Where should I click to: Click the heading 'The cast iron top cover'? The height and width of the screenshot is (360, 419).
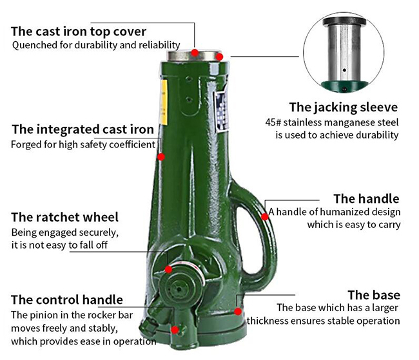(79, 32)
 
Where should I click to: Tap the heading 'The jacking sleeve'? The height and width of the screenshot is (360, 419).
(344, 108)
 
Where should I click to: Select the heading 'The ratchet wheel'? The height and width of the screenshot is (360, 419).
(64, 217)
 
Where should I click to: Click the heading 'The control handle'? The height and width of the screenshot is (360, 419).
(67, 299)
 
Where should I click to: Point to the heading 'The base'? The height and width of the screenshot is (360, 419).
(374, 295)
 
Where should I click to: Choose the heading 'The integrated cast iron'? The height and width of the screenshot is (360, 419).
(83, 129)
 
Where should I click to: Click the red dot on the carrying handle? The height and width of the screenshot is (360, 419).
(264, 217)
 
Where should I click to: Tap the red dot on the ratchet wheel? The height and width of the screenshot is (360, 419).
(168, 269)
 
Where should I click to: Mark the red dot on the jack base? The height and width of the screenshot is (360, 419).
(238, 312)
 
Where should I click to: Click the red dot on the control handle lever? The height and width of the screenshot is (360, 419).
(175, 330)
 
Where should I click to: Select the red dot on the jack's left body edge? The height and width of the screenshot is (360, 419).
(161, 156)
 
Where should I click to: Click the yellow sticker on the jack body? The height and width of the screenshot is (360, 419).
(164, 102)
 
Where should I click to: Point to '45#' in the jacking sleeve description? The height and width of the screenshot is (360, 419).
(273, 122)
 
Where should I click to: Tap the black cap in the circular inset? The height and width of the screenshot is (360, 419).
(344, 21)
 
